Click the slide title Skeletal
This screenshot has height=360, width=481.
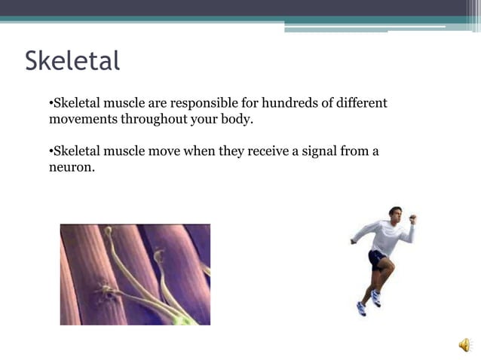[x=72, y=61]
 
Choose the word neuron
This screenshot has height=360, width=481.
[x=72, y=167]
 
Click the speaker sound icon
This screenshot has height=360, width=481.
[x=464, y=345]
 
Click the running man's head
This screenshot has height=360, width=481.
[x=395, y=213]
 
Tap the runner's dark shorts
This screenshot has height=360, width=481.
[x=377, y=259]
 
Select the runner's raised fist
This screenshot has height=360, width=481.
[x=412, y=219]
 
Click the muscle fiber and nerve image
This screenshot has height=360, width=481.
[x=135, y=274]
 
